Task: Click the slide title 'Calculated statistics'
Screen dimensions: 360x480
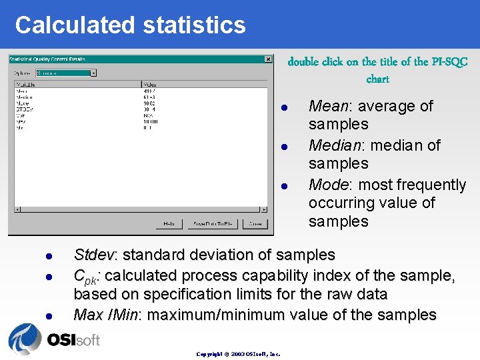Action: pyautogui.click(x=130, y=25)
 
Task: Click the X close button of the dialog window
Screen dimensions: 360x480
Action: pyautogui.click(x=268, y=59)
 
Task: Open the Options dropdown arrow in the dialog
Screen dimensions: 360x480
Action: pyautogui.click(x=93, y=73)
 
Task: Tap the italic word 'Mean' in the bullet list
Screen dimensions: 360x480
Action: pyautogui.click(x=329, y=106)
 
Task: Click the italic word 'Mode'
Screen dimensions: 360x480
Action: pyautogui.click(x=329, y=185)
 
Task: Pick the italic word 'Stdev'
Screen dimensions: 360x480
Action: pyautogui.click(x=94, y=255)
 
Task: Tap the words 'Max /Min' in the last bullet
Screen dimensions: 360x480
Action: pyautogui.click(x=105, y=315)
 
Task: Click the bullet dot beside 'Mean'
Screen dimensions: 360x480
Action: pyautogui.click(x=283, y=107)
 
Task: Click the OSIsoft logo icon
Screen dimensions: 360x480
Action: pyautogui.click(x=25, y=339)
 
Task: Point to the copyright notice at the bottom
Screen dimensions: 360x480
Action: pyautogui.click(x=238, y=353)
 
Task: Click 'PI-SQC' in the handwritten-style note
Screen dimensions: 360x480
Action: pyautogui.click(x=450, y=62)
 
